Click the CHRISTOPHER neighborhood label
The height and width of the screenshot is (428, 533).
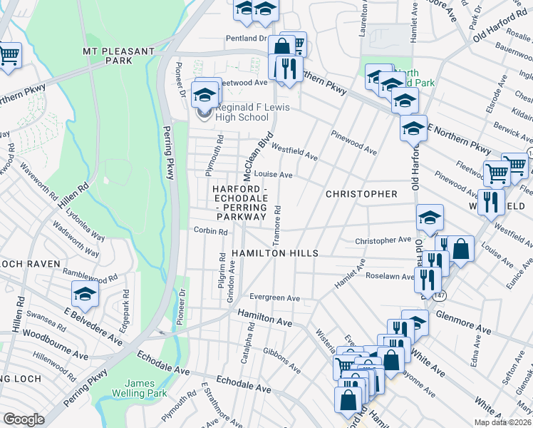pyautogui.click(x=361, y=194)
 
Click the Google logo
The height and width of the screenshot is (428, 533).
pyautogui.click(x=24, y=419)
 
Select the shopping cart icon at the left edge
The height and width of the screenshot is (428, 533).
pyautogui.click(x=9, y=55)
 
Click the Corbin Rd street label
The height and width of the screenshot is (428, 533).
pyautogui.click(x=210, y=231)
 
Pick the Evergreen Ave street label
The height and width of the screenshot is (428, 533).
pyautogui.click(x=274, y=297)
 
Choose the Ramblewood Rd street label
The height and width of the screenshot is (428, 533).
pyautogui.click(x=89, y=278)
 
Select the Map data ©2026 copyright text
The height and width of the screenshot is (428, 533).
pyautogui.click(x=502, y=422)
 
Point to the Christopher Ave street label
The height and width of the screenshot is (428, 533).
pyautogui.click(x=383, y=240)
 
